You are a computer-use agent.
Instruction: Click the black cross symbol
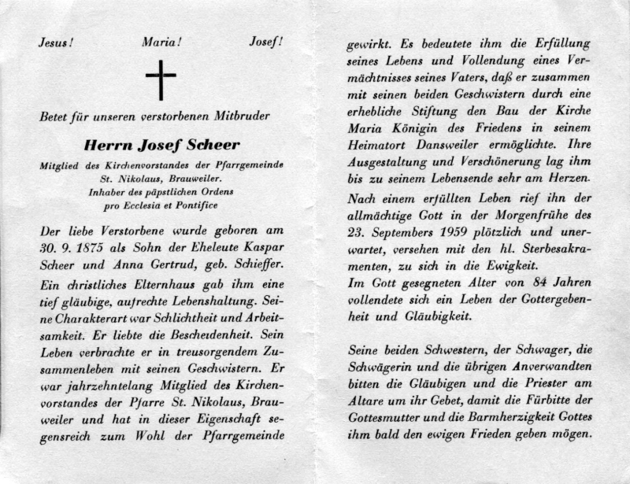161,79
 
